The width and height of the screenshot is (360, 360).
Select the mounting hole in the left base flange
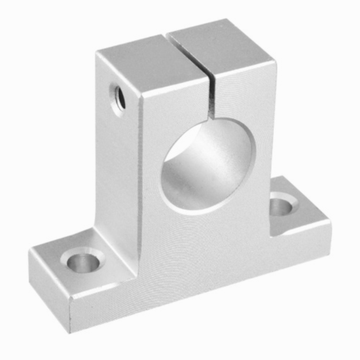click(84, 262)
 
